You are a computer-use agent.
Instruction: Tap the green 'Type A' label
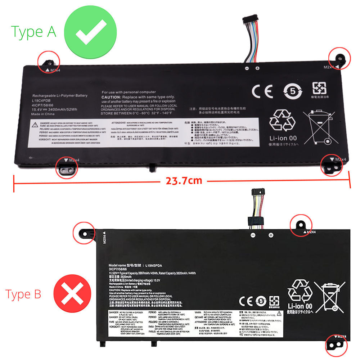point(33,32)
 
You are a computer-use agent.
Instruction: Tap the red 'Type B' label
point(23,294)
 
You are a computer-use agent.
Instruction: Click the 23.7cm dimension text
point(184,180)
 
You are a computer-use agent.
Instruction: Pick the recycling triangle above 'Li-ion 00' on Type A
point(283,121)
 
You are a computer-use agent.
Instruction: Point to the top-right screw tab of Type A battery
point(339,58)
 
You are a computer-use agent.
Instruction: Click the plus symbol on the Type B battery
point(271,235)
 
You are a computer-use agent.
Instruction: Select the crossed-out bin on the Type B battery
point(329,295)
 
